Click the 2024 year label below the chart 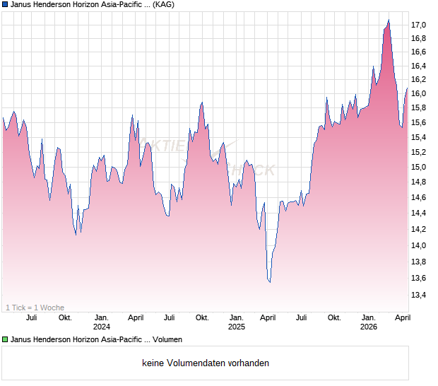click(102, 327)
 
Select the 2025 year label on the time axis click(236, 327)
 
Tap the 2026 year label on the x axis click(369, 327)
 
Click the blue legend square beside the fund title click(5, 4)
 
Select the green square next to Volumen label click(5, 339)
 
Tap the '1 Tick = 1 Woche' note click(35, 308)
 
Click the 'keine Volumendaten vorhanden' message click(206, 363)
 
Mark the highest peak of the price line click(389, 20)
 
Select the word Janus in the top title click(23, 4)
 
